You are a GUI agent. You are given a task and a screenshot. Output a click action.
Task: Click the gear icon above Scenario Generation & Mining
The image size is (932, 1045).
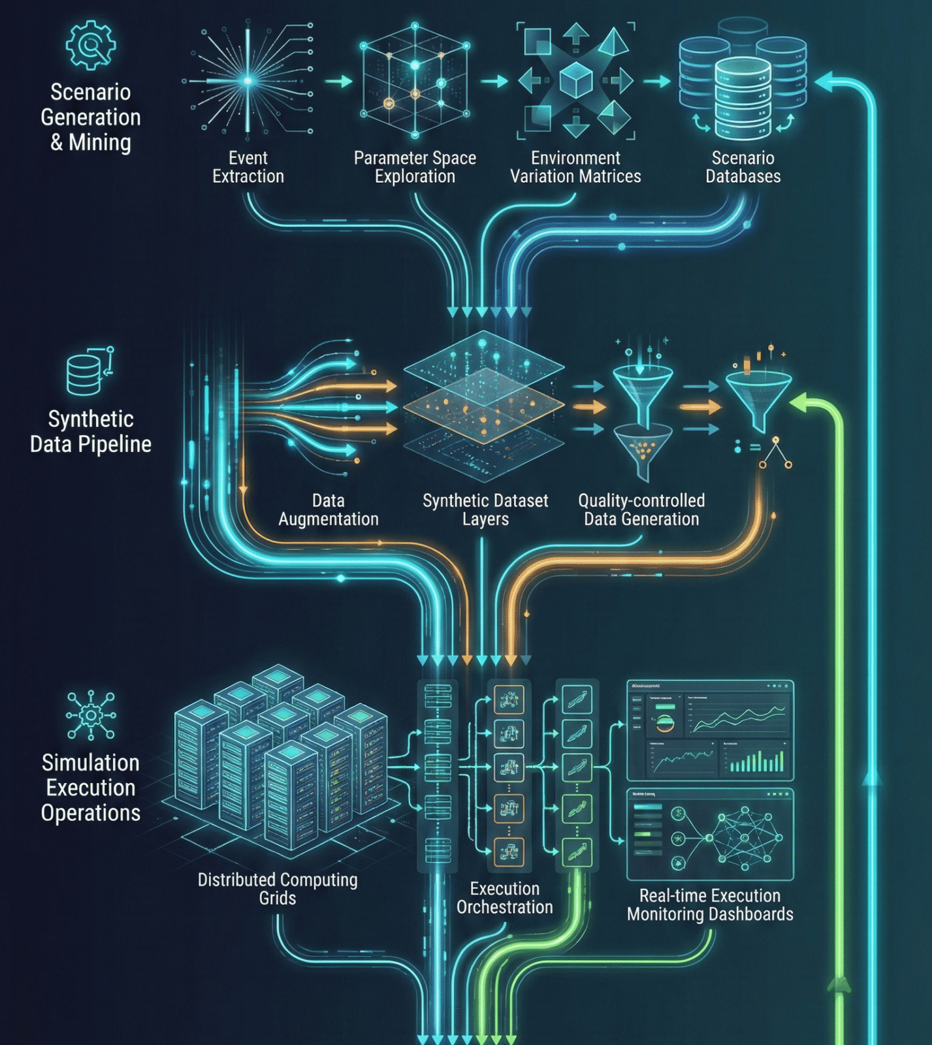click(x=91, y=45)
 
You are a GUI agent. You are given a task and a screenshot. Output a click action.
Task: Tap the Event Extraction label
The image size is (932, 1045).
click(x=248, y=167)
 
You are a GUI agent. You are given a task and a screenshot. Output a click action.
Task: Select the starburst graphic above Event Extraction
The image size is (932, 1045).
click(x=248, y=81)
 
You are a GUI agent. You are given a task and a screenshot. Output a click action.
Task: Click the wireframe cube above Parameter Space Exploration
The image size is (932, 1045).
click(x=415, y=81)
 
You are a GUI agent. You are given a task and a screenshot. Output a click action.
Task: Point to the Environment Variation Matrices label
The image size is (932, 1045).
click(x=575, y=167)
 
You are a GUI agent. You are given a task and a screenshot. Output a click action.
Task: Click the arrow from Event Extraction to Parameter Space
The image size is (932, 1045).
click(x=338, y=82)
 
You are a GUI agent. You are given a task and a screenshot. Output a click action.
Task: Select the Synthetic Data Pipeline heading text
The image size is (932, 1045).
click(x=91, y=432)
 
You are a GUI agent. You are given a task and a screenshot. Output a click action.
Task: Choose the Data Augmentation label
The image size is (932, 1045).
click(x=329, y=510)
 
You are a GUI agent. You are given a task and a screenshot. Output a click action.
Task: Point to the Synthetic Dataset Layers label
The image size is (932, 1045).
click(x=485, y=510)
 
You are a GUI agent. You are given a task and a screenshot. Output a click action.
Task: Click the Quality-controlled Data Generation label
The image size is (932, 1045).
click(x=641, y=510)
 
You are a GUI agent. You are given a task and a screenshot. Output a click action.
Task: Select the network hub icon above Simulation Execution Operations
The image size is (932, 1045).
click(x=91, y=715)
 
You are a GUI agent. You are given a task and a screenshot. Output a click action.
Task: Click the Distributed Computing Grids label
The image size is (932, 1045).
click(x=278, y=889)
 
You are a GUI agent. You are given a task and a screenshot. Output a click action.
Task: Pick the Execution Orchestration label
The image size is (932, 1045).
click(x=505, y=898)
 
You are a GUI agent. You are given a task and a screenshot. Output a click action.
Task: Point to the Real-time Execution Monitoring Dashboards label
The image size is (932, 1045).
click(x=710, y=905)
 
